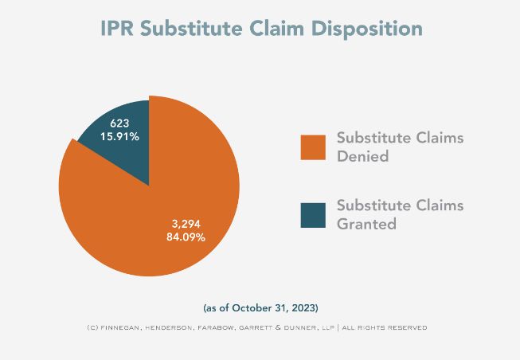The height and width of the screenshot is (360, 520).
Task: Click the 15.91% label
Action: click(x=119, y=137)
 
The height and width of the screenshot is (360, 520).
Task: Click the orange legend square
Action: click(x=313, y=147)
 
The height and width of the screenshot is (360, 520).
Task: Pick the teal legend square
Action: click(x=313, y=215)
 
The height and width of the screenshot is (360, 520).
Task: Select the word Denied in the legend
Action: click(x=362, y=157)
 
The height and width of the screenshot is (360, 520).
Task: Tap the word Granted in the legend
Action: click(x=366, y=225)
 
